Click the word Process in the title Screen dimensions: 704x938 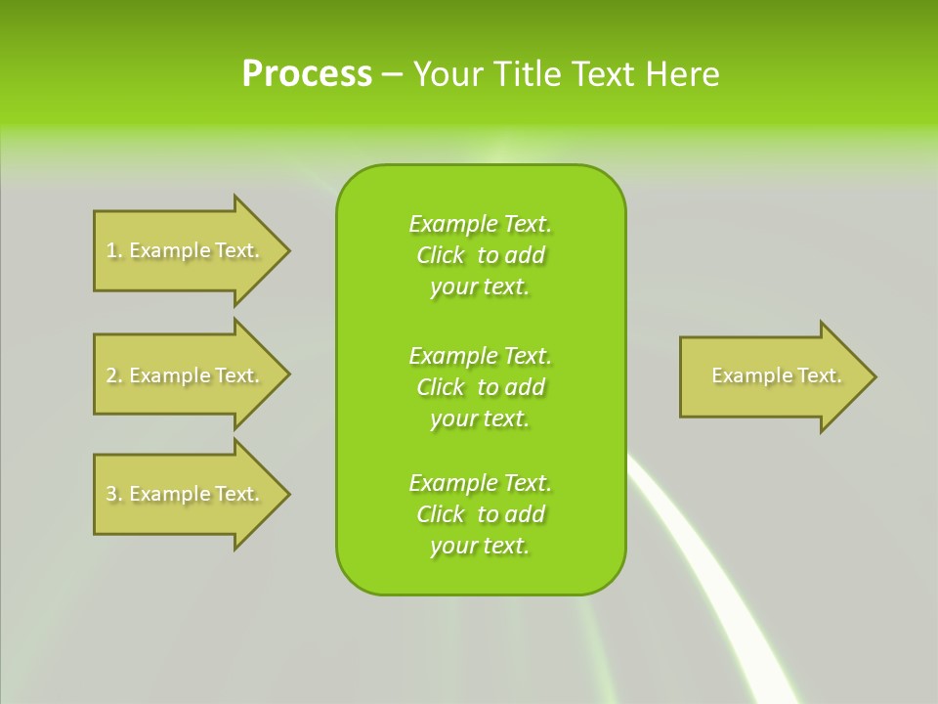(307, 74)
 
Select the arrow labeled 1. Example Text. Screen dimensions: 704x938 (186, 250)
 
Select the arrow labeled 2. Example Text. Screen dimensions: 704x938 (186, 375)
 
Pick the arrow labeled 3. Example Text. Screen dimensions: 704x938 (186, 494)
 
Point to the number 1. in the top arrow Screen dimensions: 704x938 (113, 250)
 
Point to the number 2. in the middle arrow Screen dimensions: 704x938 (113, 375)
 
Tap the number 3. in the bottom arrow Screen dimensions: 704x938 (113, 494)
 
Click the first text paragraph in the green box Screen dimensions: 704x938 (480, 255)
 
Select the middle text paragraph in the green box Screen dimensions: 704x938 (480, 386)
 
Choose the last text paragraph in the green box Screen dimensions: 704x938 (480, 514)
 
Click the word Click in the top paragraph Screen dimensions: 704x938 (440, 255)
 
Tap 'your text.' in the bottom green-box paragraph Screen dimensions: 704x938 (480, 546)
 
